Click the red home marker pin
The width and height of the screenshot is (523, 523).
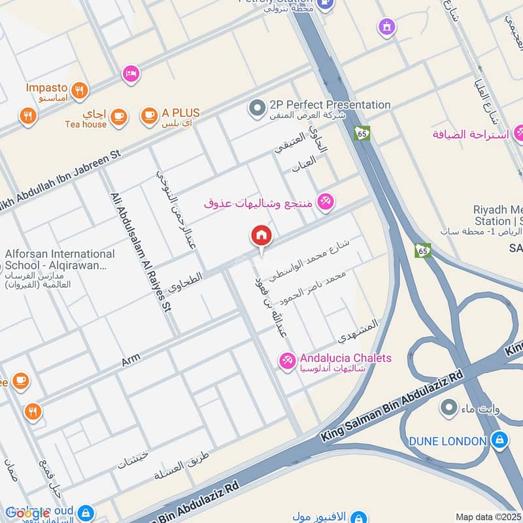pyautogui.click(x=261, y=237)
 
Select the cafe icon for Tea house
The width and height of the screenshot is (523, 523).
pyautogui.click(x=118, y=117)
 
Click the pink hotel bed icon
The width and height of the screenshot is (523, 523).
pyautogui.click(x=131, y=74)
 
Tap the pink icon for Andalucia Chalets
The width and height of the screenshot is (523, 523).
pyautogui.click(x=287, y=360)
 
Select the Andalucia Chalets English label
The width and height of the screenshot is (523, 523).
pyautogui.click(x=346, y=358)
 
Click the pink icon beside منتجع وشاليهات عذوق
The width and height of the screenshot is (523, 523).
pyautogui.click(x=325, y=202)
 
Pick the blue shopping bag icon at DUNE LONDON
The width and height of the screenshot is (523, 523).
pyautogui.click(x=499, y=441)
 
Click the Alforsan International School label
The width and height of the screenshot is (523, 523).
pyautogui.click(x=59, y=260)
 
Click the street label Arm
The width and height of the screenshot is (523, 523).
pyautogui.click(x=131, y=360)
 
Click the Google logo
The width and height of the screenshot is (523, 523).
pyautogui.click(x=28, y=513)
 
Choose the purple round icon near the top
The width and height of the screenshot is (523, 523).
pyautogui.click(x=387, y=27)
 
